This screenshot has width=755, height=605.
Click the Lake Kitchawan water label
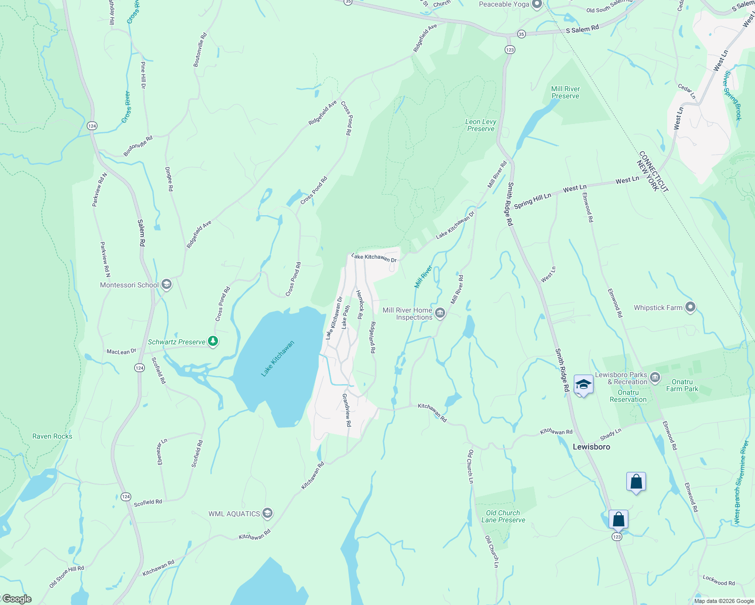tap(278, 359)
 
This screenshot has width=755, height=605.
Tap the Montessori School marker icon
tap(167, 285)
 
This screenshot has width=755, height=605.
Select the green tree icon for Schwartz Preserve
tap(213, 342)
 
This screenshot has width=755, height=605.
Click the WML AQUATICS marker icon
tap(267, 514)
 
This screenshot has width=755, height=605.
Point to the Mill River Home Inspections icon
tap(440, 314)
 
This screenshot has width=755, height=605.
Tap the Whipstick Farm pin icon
tap(691, 307)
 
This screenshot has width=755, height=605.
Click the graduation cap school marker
tap(583, 385)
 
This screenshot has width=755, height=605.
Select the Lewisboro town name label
tap(591, 447)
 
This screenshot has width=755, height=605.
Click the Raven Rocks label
tap(52, 436)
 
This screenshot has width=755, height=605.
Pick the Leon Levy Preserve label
tap(480, 125)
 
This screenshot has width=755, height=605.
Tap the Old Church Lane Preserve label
tap(503, 516)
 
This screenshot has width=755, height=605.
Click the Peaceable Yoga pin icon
tap(537, 5)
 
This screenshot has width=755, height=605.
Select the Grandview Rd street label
tap(347, 410)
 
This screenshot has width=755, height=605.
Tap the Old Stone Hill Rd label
tap(67, 576)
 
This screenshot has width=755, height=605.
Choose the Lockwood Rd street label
tap(719, 580)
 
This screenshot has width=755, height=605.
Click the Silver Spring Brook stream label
tap(732, 96)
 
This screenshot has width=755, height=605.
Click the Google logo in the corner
tap(17, 599)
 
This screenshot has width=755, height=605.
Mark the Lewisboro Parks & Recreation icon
tap(655, 377)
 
